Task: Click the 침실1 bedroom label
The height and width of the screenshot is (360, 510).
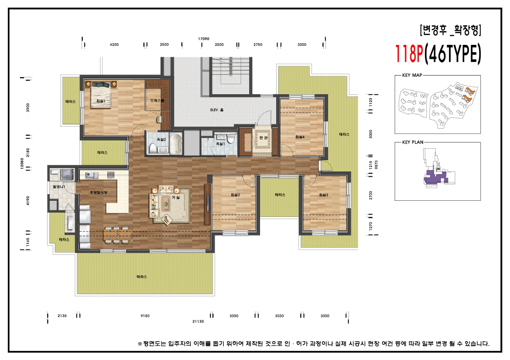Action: click(x=101, y=101)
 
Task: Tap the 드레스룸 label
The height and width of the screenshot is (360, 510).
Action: click(x=157, y=101)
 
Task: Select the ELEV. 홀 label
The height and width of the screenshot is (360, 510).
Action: click(x=217, y=110)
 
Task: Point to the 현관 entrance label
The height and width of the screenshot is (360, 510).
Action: click(x=263, y=138)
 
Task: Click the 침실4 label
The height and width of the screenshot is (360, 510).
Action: click(x=300, y=137)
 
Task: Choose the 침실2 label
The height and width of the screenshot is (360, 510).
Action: click(x=235, y=195)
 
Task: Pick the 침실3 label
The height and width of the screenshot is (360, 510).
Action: click(x=323, y=195)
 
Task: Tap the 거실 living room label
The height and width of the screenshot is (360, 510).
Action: click(x=176, y=197)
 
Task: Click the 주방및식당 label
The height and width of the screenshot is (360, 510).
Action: click(x=99, y=192)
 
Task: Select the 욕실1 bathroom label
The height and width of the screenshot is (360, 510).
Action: click(x=220, y=144)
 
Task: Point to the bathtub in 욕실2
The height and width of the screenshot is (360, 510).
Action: click(x=176, y=144)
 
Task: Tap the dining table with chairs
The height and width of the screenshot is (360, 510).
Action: click(x=117, y=235)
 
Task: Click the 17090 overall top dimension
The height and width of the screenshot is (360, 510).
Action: click(x=204, y=39)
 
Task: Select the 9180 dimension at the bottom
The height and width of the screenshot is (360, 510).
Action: click(x=145, y=316)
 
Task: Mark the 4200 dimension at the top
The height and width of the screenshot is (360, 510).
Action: click(x=114, y=45)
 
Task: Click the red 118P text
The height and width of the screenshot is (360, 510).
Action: click(x=409, y=54)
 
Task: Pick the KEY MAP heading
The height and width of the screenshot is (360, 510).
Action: click(x=412, y=75)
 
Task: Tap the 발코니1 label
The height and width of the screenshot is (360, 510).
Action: click(x=59, y=187)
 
